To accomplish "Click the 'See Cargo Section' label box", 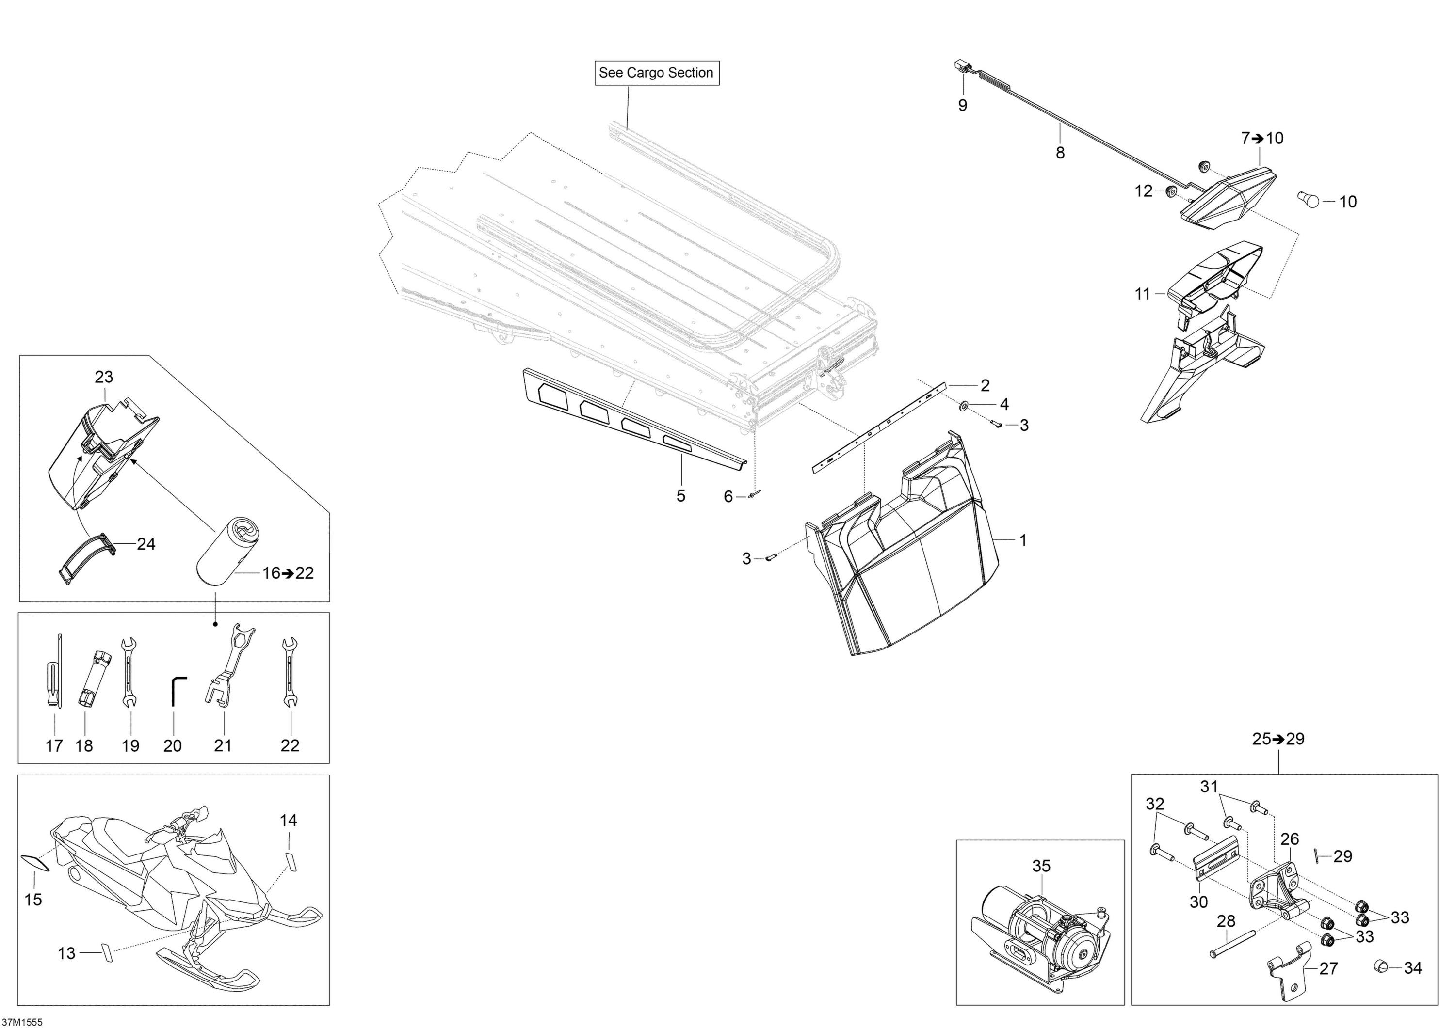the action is (x=657, y=72).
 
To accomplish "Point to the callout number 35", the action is (x=1041, y=866).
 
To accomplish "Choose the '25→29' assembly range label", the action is (x=1278, y=739).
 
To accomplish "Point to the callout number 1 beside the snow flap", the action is (x=1023, y=540).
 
